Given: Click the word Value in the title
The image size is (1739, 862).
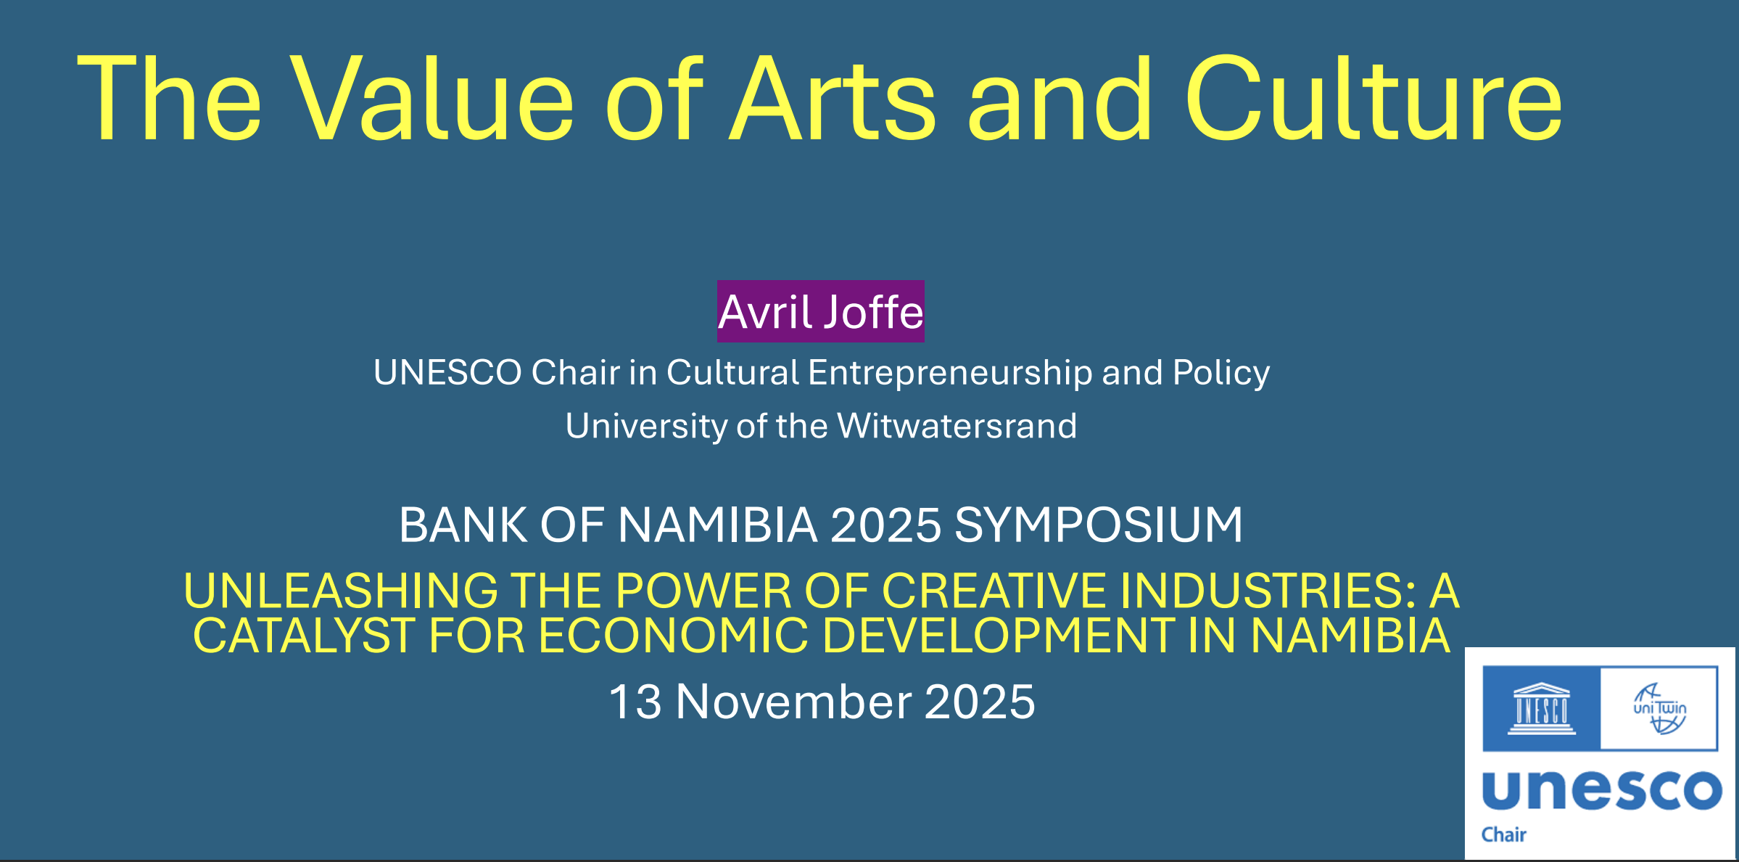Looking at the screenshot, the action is pyautogui.click(x=433, y=98).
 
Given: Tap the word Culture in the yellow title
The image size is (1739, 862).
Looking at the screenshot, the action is pyautogui.click(x=1373, y=98).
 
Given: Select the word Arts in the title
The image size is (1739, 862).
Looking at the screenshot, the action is pyautogui.click(x=833, y=98).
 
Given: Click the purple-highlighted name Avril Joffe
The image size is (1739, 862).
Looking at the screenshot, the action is pyautogui.click(x=821, y=311).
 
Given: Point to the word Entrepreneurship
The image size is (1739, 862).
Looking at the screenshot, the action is pyautogui.click(x=950, y=374).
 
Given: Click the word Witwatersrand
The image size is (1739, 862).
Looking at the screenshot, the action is pyautogui.click(x=957, y=425).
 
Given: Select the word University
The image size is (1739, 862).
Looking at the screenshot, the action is pyautogui.click(x=646, y=427).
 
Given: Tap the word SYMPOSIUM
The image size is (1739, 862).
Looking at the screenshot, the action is pyautogui.click(x=1099, y=525).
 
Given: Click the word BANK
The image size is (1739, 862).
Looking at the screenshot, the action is pyautogui.click(x=463, y=525).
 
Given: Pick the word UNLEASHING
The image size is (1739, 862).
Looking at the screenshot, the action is pyautogui.click(x=341, y=591).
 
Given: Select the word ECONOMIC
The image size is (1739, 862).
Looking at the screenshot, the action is pyautogui.click(x=673, y=636).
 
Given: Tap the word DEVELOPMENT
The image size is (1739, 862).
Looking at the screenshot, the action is pyautogui.click(x=999, y=636).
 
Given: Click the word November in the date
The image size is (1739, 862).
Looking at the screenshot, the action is pyautogui.click(x=793, y=702).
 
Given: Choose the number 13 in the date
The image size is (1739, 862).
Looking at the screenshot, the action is pyautogui.click(x=635, y=702).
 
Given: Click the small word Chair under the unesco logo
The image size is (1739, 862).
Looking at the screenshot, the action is pyautogui.click(x=1503, y=834).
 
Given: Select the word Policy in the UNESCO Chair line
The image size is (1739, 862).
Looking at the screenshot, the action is pyautogui.click(x=1221, y=374).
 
